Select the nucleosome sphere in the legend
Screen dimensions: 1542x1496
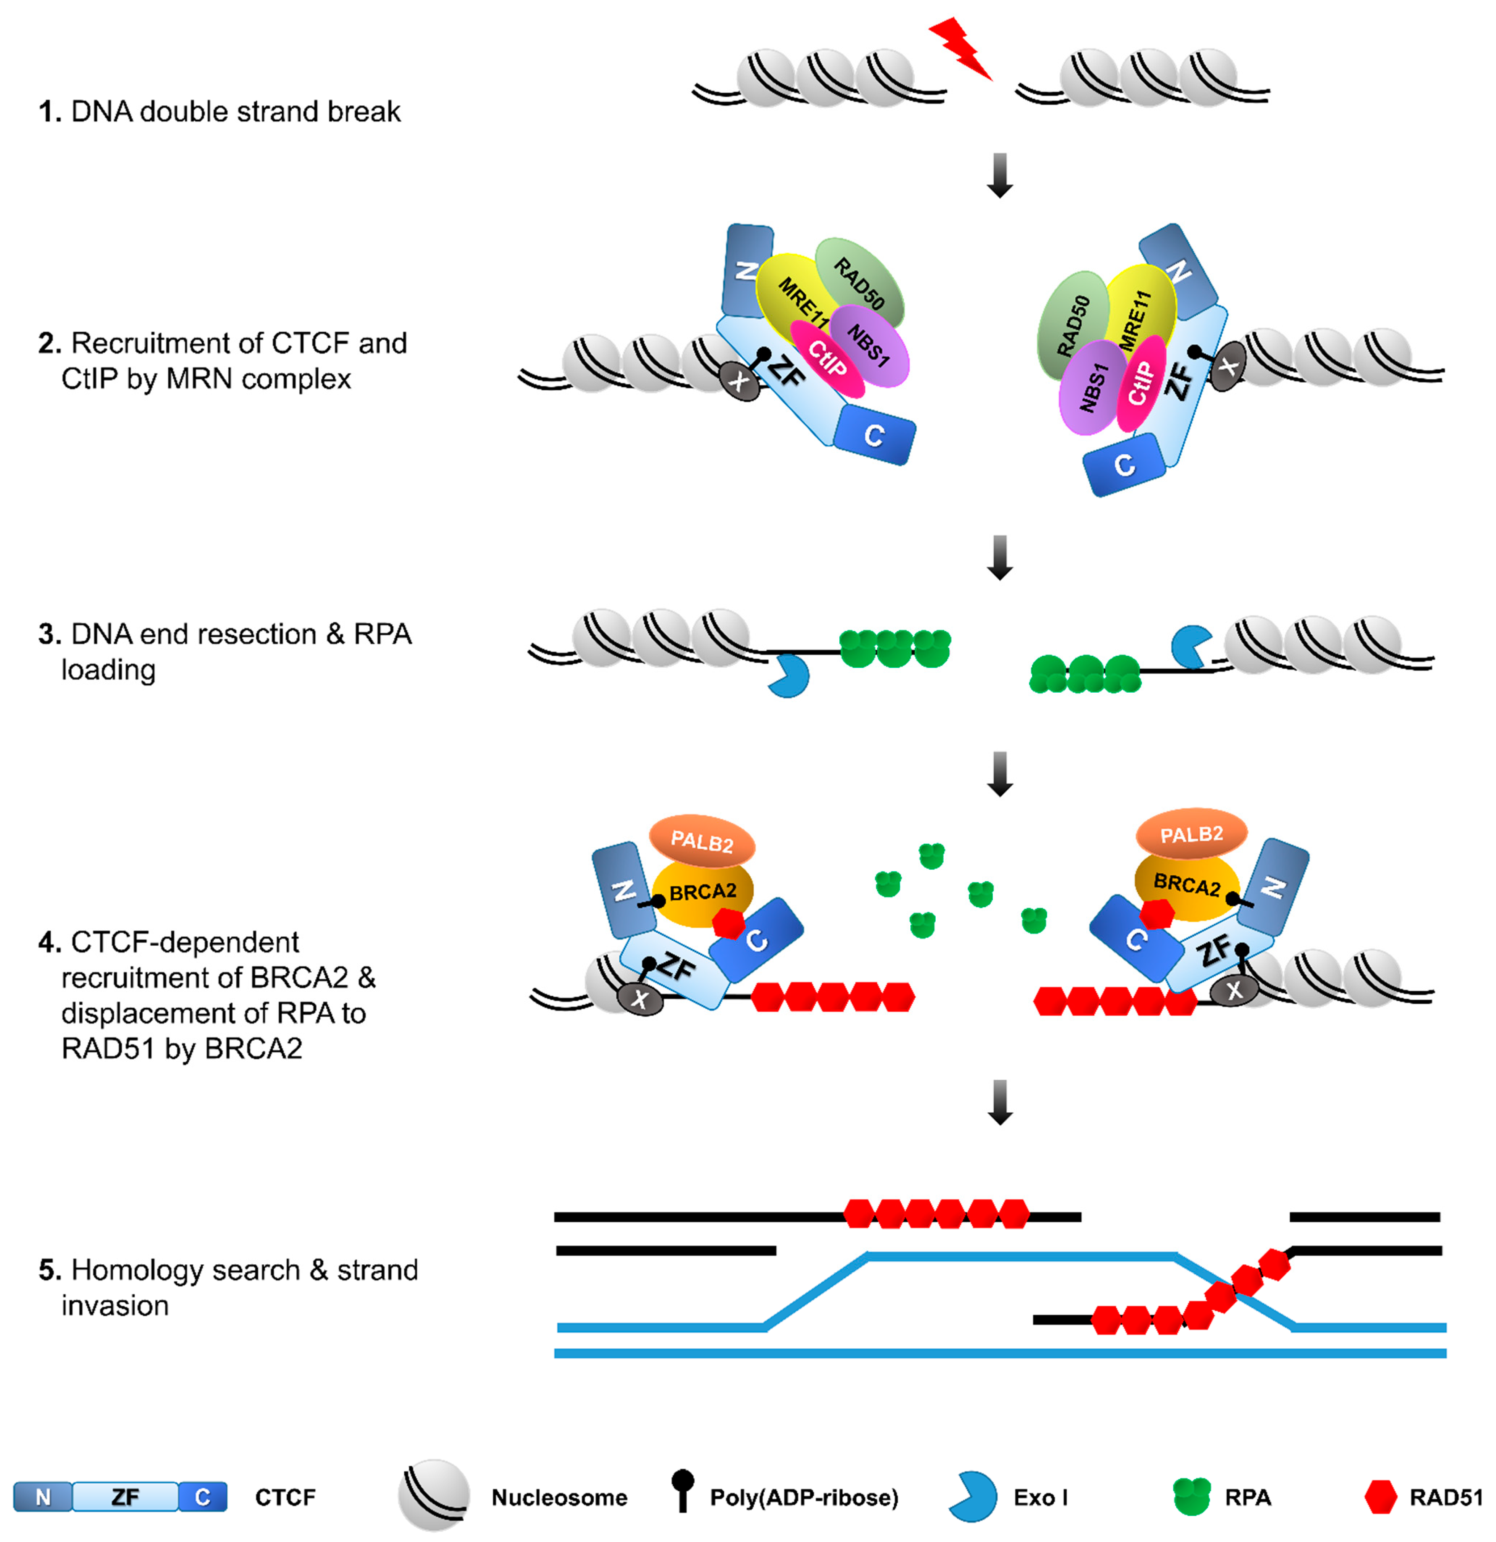[x=434, y=1495]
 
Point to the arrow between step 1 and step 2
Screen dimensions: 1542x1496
[x=1000, y=175]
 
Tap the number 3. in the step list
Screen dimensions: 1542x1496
[x=50, y=634]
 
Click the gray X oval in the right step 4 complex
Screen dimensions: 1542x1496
[x=1235, y=990]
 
